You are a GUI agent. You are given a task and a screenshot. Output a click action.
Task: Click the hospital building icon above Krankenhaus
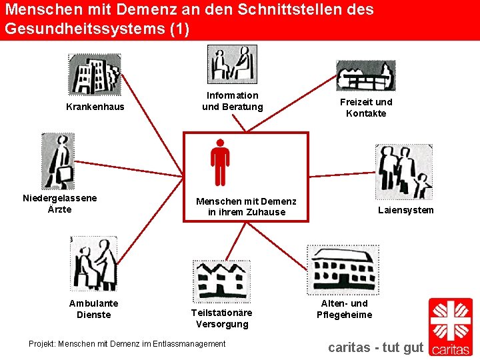[95, 74]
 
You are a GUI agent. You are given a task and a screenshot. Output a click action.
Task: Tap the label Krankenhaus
[95, 107]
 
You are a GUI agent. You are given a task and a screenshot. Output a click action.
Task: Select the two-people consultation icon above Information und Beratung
[232, 64]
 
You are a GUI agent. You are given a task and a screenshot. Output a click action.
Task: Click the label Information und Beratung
[233, 101]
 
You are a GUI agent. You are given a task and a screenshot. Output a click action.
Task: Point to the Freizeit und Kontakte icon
[365, 75]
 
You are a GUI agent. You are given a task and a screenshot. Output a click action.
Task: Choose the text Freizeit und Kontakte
[366, 107]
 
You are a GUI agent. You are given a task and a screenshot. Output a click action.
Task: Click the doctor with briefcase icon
[59, 161]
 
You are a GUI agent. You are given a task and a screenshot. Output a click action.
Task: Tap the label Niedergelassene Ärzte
[59, 203]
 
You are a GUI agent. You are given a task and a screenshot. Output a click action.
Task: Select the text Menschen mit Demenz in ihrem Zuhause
[246, 207]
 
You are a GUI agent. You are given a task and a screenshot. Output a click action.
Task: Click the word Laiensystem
[405, 210]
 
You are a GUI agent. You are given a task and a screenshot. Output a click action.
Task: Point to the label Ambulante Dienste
[94, 309]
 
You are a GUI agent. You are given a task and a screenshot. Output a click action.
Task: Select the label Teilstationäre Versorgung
[221, 318]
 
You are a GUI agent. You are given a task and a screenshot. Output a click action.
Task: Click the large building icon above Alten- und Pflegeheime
[341, 269]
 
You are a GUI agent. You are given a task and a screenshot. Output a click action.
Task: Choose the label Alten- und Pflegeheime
[344, 309]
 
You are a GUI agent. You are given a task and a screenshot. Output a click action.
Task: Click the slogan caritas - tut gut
[376, 347]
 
